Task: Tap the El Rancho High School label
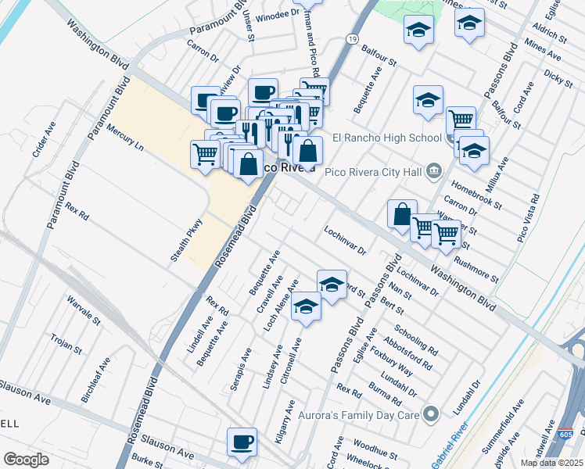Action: pyautogui.click(x=387, y=138)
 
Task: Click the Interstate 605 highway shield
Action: pyautogui.click(x=566, y=433)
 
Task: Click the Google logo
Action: pyautogui.click(x=27, y=460)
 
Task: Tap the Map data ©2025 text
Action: pyautogui.click(x=551, y=463)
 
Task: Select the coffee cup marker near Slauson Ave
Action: pyautogui.click(x=242, y=442)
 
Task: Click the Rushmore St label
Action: pyautogui.click(x=476, y=270)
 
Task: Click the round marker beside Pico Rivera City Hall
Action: pyautogui.click(x=435, y=170)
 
